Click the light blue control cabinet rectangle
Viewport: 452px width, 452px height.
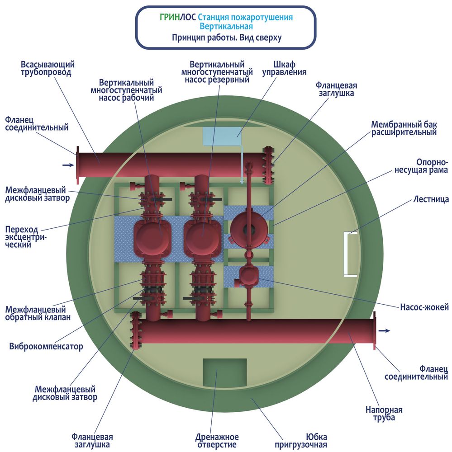(222, 136)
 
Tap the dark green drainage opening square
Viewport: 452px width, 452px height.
(224, 372)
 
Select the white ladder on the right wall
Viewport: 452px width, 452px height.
(350, 254)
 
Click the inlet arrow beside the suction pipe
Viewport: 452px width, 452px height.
(68, 165)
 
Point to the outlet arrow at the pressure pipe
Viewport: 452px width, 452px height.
(384, 331)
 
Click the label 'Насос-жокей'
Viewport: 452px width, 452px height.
(424, 307)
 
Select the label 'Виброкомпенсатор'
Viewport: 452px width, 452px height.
(46, 346)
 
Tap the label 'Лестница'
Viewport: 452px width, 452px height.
(431, 199)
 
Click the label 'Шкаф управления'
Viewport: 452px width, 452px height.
(284, 68)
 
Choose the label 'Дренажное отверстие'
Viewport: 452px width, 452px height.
(217, 441)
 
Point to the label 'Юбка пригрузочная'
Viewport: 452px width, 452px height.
(301, 441)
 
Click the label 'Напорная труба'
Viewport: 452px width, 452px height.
(384, 414)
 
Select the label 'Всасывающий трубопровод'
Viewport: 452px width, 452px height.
(48, 68)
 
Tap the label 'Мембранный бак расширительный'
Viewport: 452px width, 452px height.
(404, 128)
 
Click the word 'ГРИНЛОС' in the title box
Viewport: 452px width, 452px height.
(178, 18)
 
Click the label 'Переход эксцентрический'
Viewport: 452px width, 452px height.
(26, 237)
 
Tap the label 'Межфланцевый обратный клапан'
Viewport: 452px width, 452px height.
(38, 313)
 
